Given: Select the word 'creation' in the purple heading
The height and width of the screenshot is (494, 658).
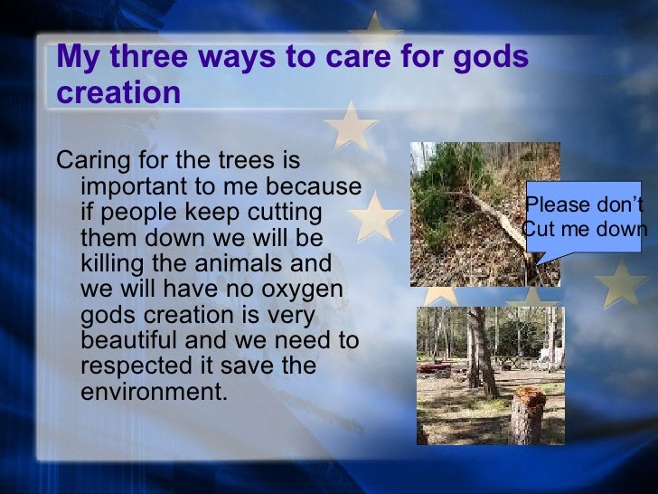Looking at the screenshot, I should (117, 93).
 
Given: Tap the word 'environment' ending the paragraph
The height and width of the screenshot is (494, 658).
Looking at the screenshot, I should (151, 394).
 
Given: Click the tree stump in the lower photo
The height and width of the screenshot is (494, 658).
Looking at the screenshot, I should (527, 414).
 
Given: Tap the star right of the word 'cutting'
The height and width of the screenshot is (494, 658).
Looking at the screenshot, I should (375, 217).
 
